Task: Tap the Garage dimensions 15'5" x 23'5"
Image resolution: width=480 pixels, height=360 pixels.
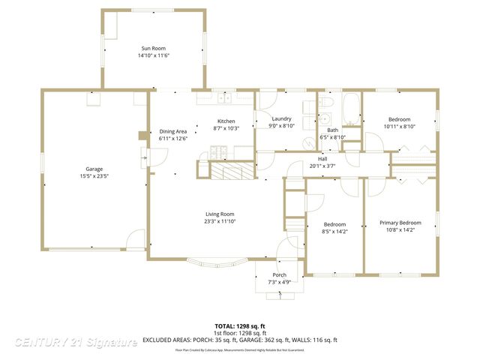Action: click(94, 176)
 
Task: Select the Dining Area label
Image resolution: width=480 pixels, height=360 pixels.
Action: click(172, 131)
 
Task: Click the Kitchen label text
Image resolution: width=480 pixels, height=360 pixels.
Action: click(226, 121)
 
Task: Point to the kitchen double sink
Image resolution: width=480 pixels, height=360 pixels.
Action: click(223, 97)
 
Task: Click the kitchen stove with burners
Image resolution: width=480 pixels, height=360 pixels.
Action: click(218, 152)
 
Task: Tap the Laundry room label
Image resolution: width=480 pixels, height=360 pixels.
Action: click(281, 118)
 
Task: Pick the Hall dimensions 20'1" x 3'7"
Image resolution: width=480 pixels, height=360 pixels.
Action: click(322, 166)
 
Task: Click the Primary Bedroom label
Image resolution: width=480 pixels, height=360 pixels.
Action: click(400, 223)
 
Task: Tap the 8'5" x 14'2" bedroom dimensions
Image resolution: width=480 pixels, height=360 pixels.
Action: click(334, 232)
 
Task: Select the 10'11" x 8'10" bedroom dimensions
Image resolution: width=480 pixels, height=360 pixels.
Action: click(400, 126)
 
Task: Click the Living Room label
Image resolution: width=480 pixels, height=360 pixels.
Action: click(220, 214)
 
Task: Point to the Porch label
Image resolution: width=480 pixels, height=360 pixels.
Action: click(279, 274)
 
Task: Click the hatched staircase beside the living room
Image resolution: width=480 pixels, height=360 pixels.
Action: click(230, 172)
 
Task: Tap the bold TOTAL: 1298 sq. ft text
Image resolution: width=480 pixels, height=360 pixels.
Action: click(240, 326)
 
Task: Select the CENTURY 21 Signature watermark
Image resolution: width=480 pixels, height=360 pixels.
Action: click(76, 342)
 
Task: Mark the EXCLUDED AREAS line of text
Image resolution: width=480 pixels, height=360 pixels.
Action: click(240, 340)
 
